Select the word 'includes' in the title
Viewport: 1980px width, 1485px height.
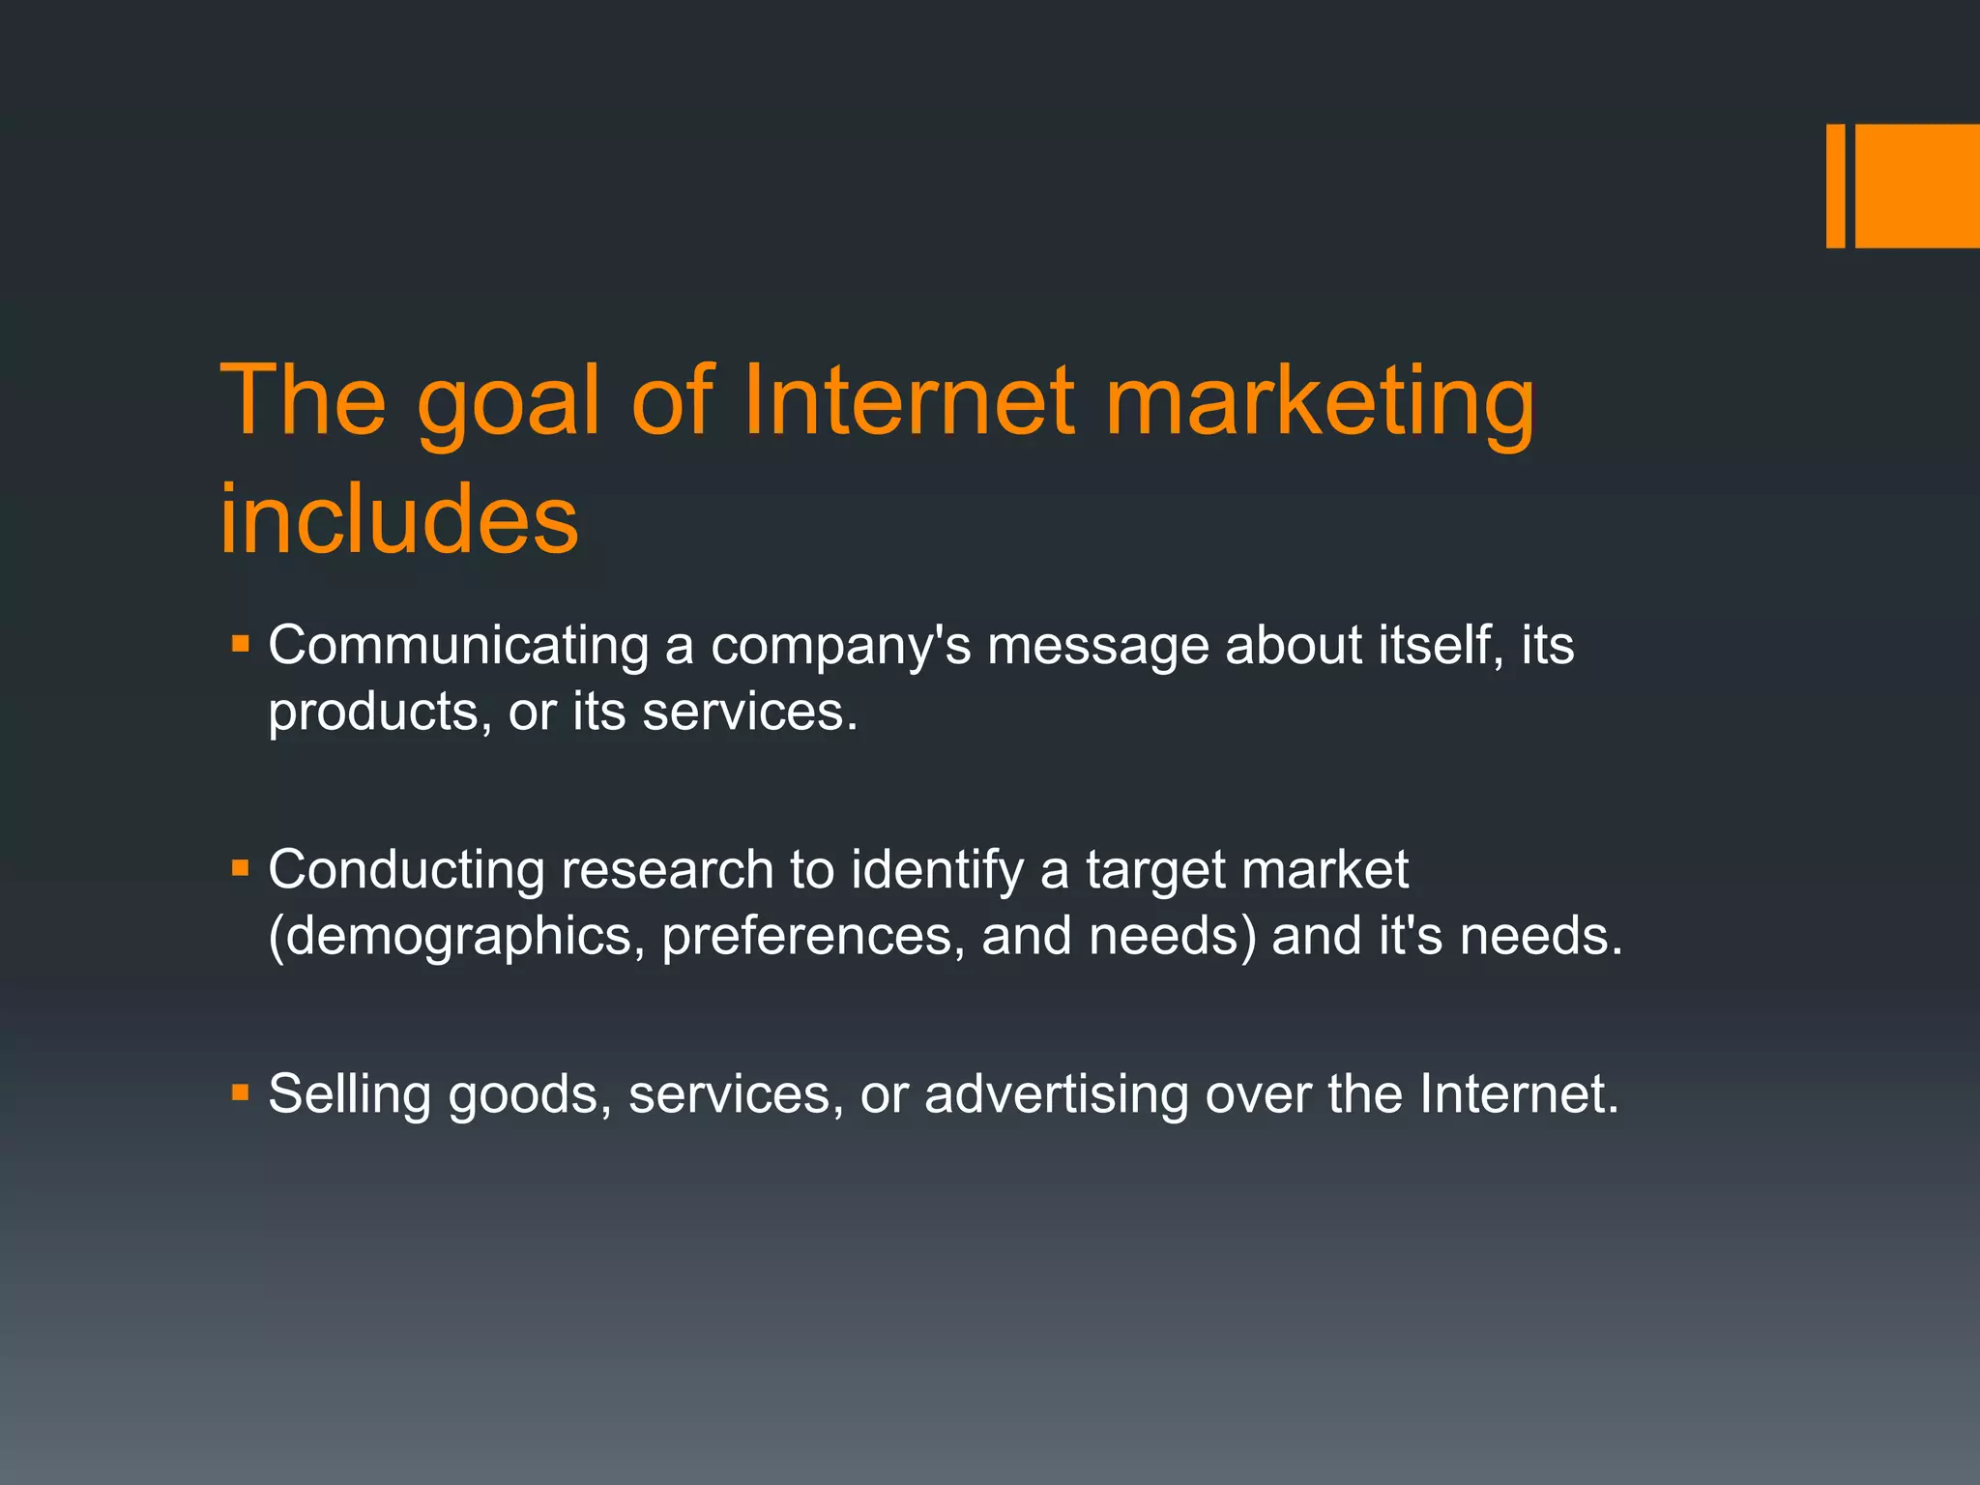point(398,519)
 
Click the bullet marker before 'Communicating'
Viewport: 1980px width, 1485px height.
point(241,643)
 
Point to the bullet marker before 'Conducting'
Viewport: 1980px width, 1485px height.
point(241,868)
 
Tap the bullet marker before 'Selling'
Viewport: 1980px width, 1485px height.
point(241,1093)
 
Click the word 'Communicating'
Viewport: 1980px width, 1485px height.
point(458,646)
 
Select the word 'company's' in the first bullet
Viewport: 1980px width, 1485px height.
point(841,646)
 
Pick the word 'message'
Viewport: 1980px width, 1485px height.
point(1097,646)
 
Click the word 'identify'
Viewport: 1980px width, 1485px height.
point(937,870)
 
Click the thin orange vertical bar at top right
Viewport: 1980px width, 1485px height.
point(1835,186)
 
